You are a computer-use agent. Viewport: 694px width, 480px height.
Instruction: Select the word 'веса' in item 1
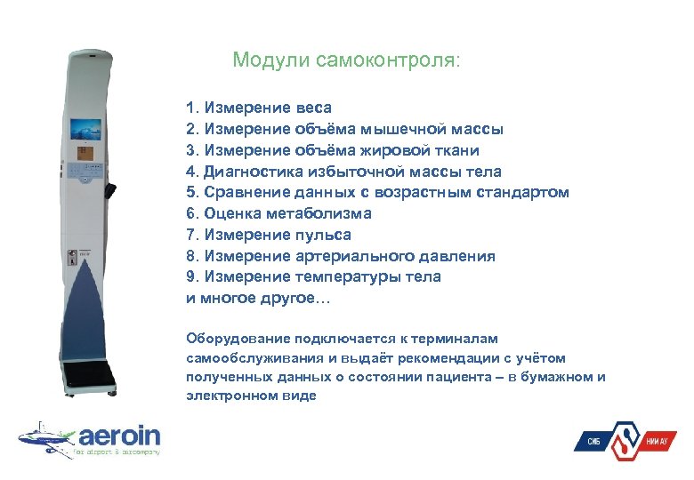tap(311, 108)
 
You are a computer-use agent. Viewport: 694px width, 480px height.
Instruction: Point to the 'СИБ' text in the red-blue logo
tap(594, 442)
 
